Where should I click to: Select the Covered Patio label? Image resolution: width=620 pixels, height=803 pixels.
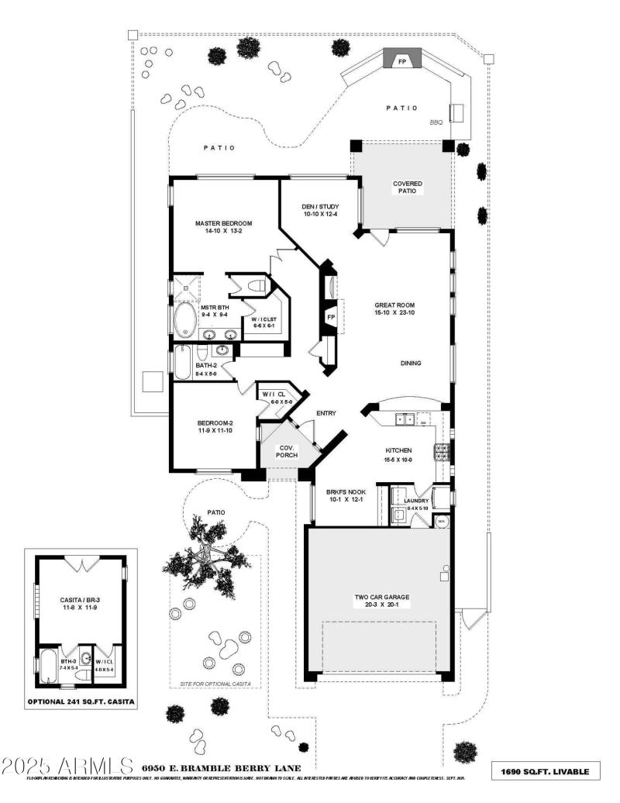pos(408,187)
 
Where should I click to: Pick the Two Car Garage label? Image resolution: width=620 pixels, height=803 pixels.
pos(381,601)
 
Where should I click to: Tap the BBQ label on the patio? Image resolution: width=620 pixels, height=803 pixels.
pos(436,122)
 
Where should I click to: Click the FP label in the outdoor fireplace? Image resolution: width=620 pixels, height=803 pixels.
pos(402,60)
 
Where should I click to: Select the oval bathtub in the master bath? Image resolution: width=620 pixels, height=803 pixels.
pos(184,319)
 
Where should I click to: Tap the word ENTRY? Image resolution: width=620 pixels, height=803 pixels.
pos(326,413)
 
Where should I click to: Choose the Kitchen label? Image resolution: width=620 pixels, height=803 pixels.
pos(398,454)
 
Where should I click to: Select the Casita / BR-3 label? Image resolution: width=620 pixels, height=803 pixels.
pos(78,604)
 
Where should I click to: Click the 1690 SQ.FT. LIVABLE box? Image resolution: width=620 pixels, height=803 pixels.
pos(546,771)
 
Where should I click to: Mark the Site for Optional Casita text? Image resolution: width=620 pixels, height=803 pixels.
pos(215,685)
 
